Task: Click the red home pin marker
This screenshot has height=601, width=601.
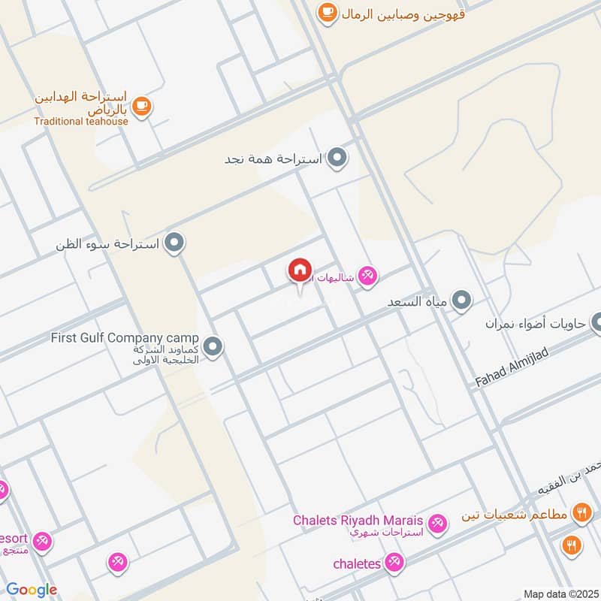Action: (300, 270)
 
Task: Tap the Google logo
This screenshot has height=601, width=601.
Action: (32, 590)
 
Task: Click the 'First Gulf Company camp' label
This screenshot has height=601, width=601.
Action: (125, 338)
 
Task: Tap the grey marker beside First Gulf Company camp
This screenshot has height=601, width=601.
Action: (213, 346)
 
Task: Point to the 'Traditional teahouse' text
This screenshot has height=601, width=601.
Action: (80, 121)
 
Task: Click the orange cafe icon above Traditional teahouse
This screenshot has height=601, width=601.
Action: (142, 106)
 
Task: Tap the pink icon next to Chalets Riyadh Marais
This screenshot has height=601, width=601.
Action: (436, 522)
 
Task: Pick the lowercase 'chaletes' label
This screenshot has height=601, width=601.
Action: (358, 563)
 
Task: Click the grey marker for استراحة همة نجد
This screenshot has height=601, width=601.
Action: (339, 159)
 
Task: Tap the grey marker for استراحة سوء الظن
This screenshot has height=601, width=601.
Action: (175, 243)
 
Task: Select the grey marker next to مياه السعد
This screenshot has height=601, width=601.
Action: (462, 301)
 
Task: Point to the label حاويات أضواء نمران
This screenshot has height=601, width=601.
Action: (533, 324)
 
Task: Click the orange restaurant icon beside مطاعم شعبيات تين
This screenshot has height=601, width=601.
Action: (581, 514)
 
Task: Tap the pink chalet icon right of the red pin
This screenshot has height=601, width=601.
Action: (367, 276)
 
